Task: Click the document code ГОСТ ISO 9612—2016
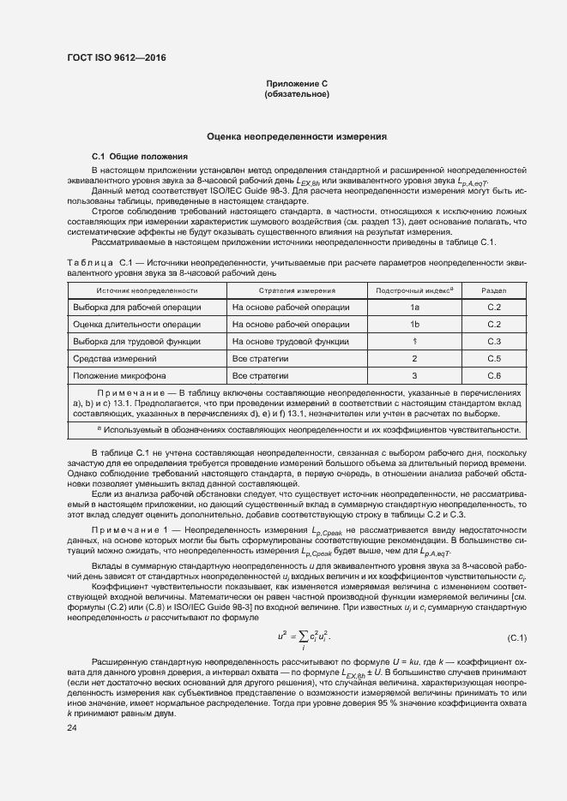pyautogui.click(x=116, y=57)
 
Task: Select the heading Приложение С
pyautogui.click(x=298, y=83)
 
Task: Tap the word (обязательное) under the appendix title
pyautogui.click(x=298, y=93)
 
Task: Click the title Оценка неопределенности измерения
pyautogui.click(x=298, y=137)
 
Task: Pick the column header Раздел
pyautogui.click(x=494, y=291)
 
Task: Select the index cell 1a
pyautogui.click(x=414, y=308)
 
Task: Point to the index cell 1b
pyautogui.click(x=414, y=325)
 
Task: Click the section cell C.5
pyautogui.click(x=494, y=358)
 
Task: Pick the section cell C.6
pyautogui.click(x=494, y=375)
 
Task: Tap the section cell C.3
pyautogui.click(x=494, y=342)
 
